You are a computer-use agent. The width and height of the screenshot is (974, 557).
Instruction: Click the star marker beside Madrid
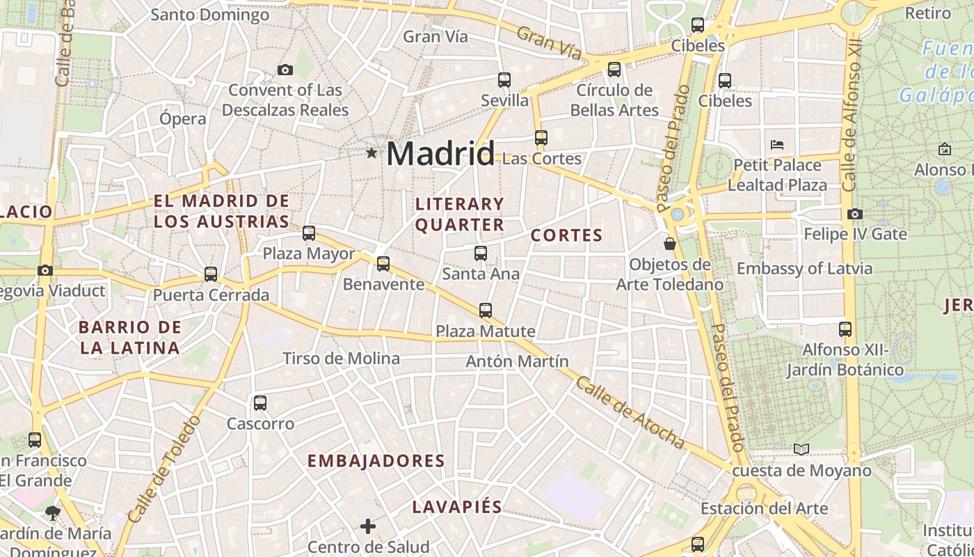[372, 152]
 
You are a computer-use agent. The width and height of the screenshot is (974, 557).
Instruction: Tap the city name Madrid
[440, 154]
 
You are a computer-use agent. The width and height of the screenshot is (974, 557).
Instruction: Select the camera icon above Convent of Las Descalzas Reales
[285, 70]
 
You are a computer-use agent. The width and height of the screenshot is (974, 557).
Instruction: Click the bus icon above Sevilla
[504, 80]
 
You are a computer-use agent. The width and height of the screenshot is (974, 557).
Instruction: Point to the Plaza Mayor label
[309, 253]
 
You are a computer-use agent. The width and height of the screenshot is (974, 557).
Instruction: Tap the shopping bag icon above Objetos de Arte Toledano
[669, 243]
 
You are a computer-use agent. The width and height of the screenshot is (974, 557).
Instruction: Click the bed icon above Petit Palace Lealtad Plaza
[777, 145]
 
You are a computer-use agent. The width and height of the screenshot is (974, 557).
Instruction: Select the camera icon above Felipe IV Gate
[855, 214]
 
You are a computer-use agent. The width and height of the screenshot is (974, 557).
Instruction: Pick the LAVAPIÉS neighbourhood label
[457, 507]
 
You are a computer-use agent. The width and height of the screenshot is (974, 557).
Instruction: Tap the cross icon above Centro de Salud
[368, 526]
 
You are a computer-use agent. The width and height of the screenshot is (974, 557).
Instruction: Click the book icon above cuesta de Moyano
[801, 450]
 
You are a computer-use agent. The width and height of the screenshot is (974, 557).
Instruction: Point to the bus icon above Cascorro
[260, 402]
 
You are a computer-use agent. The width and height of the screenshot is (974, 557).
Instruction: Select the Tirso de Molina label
[341, 359]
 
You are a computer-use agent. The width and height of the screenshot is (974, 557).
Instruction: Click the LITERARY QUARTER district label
[460, 214]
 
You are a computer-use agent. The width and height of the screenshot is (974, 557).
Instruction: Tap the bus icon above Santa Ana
[481, 253]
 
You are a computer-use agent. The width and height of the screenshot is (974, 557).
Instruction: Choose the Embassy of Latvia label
[804, 269]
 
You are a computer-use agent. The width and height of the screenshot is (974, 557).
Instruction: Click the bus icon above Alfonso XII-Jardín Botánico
[845, 329]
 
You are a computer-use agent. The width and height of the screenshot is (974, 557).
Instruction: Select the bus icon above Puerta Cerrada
[211, 274]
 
